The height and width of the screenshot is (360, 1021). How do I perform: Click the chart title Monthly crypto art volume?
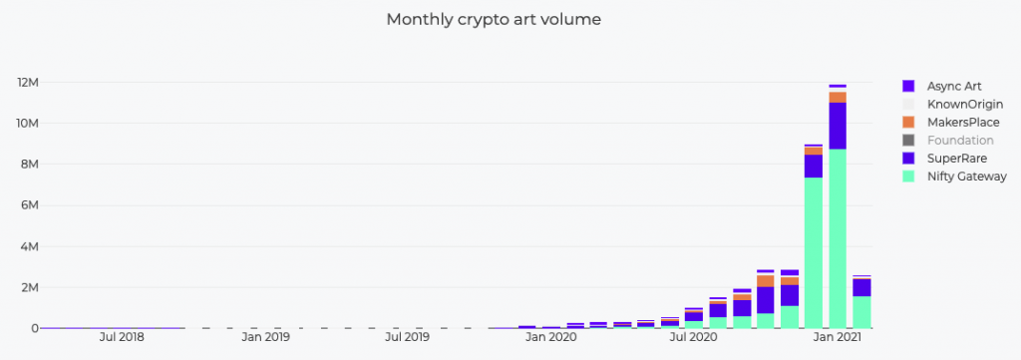pos(494,19)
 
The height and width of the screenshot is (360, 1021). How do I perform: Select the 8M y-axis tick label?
pos(27,165)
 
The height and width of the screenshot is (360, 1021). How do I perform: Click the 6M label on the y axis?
pos(27,205)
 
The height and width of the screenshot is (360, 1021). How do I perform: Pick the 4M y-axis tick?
pos(27,246)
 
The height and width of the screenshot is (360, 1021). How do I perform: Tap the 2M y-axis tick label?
pos(27,287)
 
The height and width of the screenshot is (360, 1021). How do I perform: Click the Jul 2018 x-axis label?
pos(122,338)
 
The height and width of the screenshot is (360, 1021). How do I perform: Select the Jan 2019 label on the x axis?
pos(264,338)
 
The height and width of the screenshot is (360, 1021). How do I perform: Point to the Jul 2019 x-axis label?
pos(407,338)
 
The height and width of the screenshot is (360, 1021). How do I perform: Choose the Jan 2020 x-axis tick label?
pos(550,338)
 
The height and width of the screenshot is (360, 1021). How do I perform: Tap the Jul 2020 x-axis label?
pos(693,338)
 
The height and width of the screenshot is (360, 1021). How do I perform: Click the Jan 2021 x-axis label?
pos(837,338)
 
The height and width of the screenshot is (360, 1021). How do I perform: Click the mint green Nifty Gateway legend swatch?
pos(908,176)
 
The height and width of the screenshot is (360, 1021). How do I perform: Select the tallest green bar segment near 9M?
pos(838,239)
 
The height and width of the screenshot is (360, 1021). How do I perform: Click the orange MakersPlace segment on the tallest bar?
pos(838,97)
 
